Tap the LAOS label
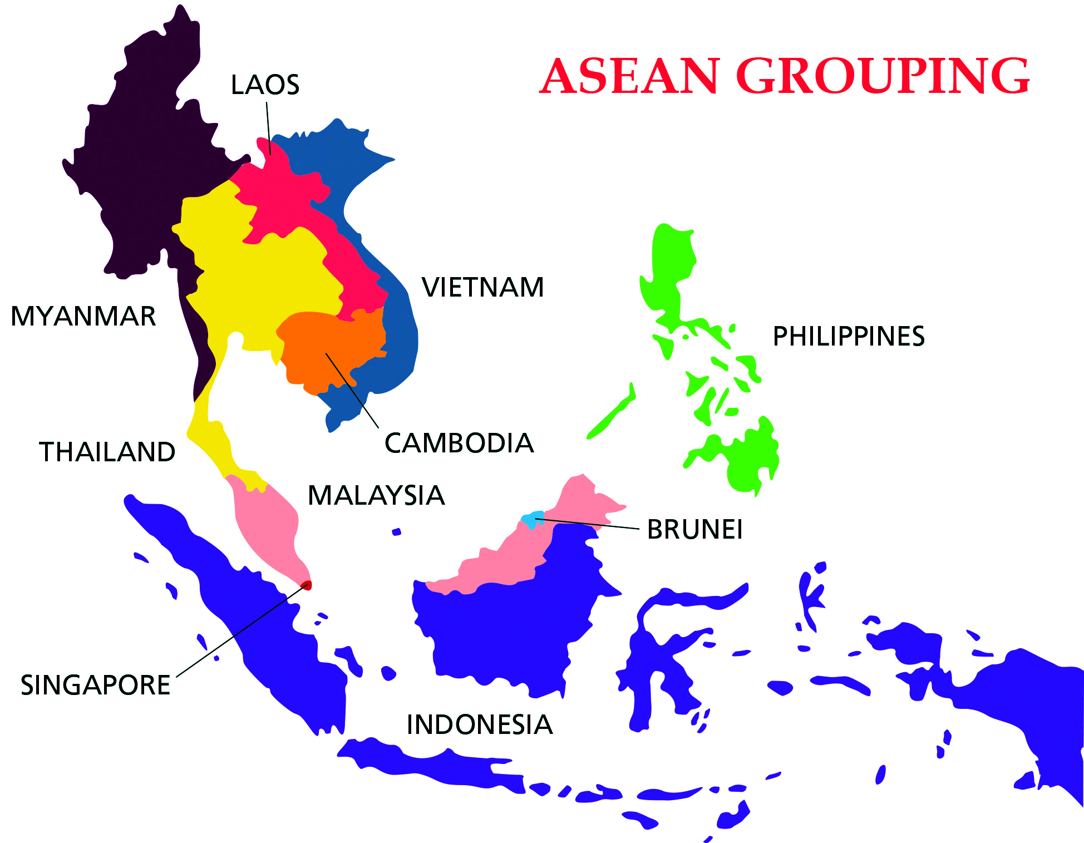coord(265,85)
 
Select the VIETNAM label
coord(482,288)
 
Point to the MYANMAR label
coord(83,317)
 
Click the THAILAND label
coord(107,452)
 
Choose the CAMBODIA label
coord(459,443)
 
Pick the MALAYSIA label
coord(376,495)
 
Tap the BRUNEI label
coord(694,530)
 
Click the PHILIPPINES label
coord(849,337)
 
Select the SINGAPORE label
coord(95,685)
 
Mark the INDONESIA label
coord(480,725)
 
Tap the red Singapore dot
coord(307,585)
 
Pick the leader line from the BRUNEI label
coord(590,524)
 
